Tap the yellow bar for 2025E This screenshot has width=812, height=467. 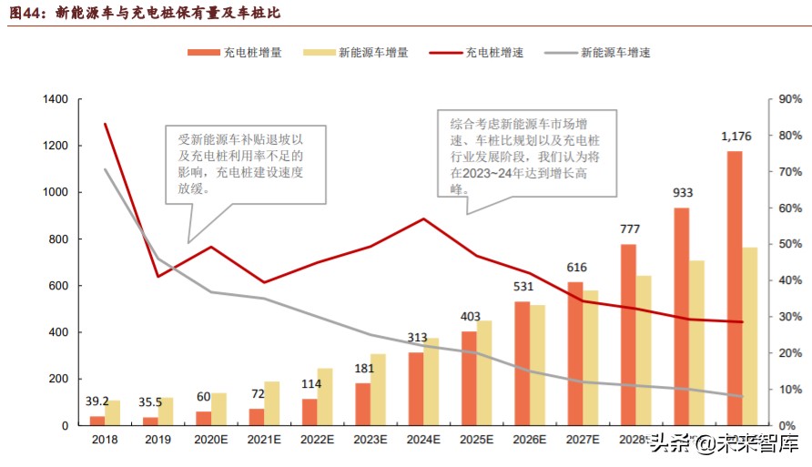[x=484, y=372]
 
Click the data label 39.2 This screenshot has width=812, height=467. [x=97, y=401]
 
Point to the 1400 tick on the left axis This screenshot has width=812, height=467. [x=56, y=99]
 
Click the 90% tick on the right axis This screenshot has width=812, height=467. [x=790, y=99]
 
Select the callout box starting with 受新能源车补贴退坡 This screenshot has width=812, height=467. [x=246, y=164]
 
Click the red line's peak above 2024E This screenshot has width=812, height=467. [x=423, y=218]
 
